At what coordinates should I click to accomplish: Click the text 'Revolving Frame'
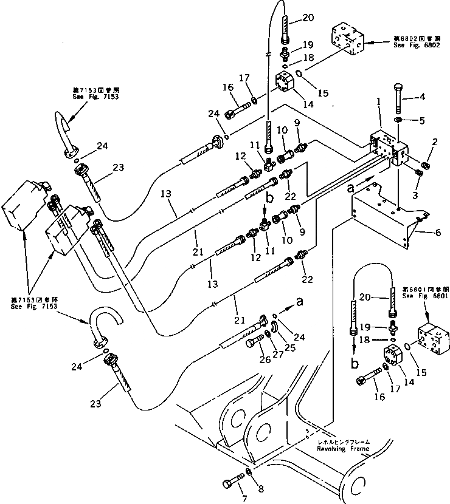(342, 449)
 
